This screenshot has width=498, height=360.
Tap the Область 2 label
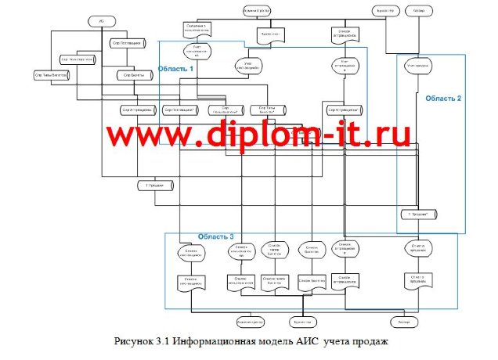(443, 99)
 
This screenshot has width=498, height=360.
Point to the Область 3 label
(215, 236)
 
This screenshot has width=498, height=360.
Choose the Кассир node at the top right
(420, 10)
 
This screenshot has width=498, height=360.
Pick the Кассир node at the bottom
(404, 322)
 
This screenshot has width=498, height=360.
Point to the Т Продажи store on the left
(154, 185)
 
